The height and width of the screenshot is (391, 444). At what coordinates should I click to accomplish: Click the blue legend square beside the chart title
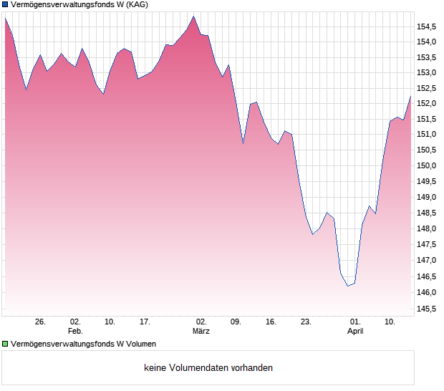coord(5,5)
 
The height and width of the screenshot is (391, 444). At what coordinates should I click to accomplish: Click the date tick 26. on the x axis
coord(40,322)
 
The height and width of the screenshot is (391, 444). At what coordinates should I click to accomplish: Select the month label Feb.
coord(75,332)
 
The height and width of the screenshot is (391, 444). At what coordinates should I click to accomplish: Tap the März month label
coord(201,332)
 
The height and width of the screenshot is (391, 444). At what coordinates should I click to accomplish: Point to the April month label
coord(355,332)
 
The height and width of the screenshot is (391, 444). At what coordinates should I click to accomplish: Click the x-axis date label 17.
coord(145,322)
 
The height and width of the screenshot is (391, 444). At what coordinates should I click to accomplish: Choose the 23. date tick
coord(306,322)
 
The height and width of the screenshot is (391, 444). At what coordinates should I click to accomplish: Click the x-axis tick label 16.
coord(271,322)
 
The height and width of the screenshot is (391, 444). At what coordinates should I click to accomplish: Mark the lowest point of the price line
coord(348,286)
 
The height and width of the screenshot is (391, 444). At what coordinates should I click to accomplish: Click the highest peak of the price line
coord(193,16)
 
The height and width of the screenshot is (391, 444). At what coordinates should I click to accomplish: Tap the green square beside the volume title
coord(5,344)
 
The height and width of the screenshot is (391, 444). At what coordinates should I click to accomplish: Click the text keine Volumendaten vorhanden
coord(208,368)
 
